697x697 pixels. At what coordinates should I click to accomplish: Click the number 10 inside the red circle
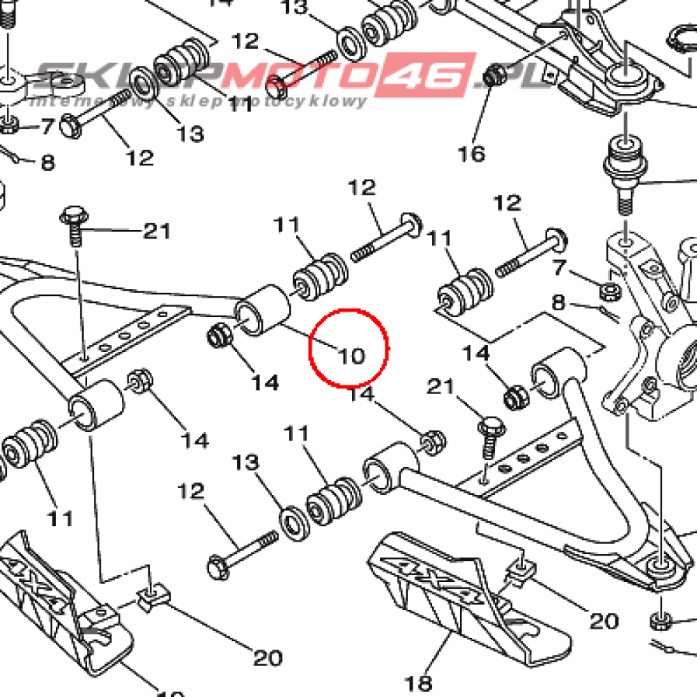353,355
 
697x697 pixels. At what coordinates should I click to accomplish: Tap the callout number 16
471,153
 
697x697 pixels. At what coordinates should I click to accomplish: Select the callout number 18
419,681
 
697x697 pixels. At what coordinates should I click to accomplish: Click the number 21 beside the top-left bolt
156,231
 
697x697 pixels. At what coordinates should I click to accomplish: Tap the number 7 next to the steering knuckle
560,268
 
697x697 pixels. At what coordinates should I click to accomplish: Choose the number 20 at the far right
604,620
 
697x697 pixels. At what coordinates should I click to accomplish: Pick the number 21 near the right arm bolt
440,387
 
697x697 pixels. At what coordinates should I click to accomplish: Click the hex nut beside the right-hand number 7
608,291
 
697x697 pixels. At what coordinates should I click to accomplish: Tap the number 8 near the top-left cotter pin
48,163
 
